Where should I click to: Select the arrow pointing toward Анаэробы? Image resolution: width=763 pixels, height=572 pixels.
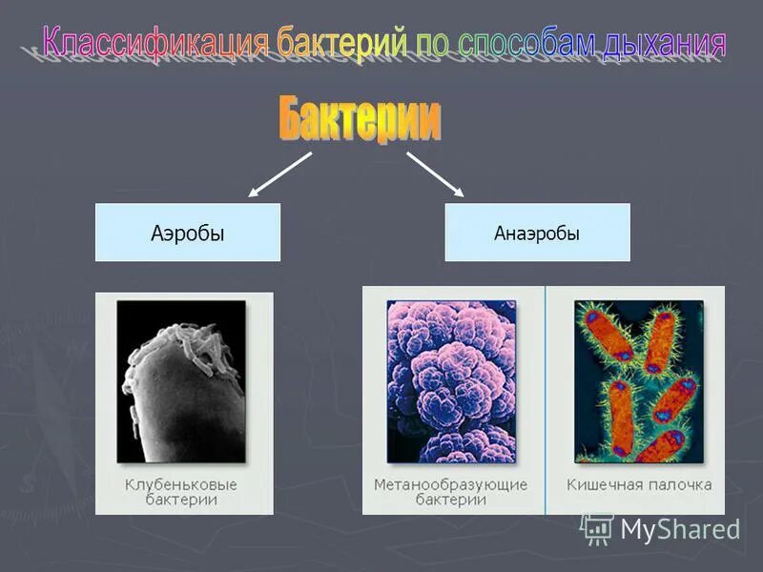(x=435, y=174)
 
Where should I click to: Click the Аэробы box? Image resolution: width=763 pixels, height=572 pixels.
(x=188, y=233)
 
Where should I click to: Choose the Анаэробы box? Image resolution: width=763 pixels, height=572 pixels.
(x=537, y=233)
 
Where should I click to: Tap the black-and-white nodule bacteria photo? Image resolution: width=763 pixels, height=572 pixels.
(x=181, y=381)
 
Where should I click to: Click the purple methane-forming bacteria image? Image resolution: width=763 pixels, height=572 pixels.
(x=451, y=381)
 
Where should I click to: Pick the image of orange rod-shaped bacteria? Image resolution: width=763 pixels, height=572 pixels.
(x=638, y=381)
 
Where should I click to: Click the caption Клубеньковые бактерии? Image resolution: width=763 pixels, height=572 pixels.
(x=181, y=492)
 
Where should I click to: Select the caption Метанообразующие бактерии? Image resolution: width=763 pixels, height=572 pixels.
(x=450, y=492)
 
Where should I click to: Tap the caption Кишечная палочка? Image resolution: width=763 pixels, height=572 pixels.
(x=639, y=484)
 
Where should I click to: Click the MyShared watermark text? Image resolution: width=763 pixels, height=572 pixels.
(x=680, y=528)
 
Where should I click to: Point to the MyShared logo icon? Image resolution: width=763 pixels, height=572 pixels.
(x=597, y=528)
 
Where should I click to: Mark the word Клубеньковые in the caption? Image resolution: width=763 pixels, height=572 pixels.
(x=181, y=484)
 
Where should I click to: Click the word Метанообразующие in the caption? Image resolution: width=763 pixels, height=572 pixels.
(x=450, y=484)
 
